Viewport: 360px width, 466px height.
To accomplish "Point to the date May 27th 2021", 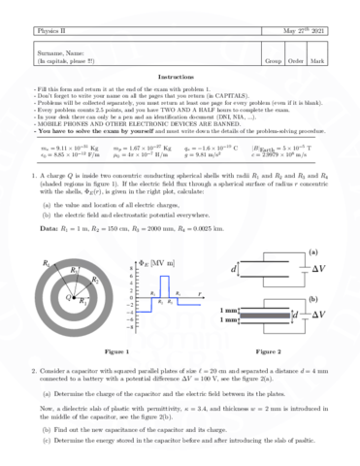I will (x=305, y=31).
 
